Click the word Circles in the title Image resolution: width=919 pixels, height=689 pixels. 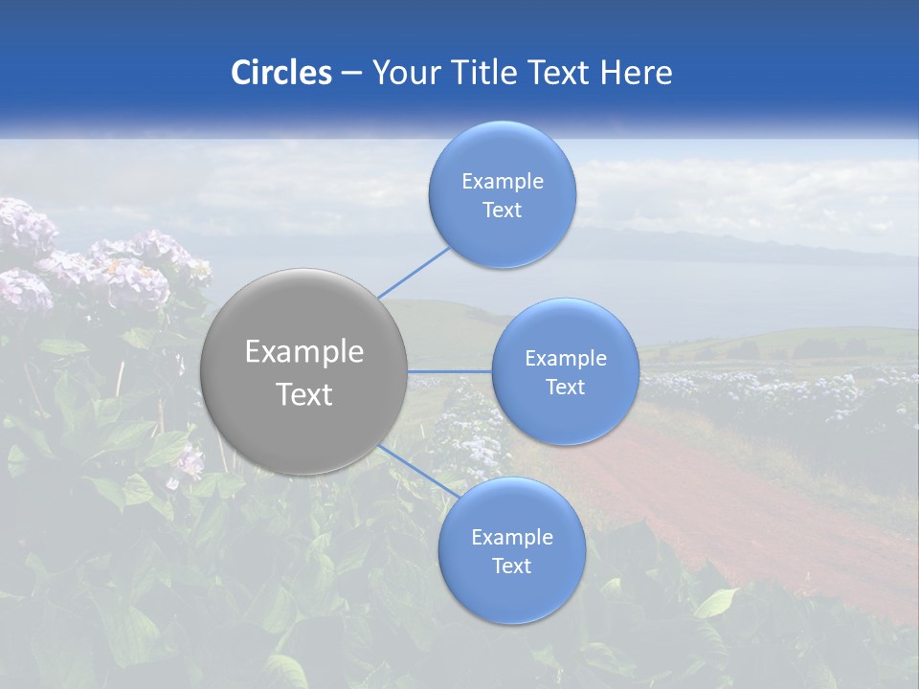[x=281, y=73]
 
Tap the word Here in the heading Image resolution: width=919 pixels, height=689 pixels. [x=636, y=73]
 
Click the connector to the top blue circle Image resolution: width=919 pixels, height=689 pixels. [x=414, y=272]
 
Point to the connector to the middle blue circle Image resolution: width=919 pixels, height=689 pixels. [x=450, y=370]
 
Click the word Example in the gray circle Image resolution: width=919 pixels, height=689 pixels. [x=304, y=352]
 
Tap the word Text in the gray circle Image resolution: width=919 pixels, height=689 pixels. [x=304, y=394]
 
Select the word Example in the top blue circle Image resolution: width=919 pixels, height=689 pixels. [x=503, y=182]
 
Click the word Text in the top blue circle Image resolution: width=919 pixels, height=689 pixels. [x=503, y=211]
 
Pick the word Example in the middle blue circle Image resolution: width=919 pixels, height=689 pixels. [x=566, y=359]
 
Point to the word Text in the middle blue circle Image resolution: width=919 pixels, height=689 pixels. [x=566, y=388]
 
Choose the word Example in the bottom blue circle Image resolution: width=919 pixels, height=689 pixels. [x=512, y=538]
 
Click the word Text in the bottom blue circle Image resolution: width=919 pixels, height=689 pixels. [x=512, y=567]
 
